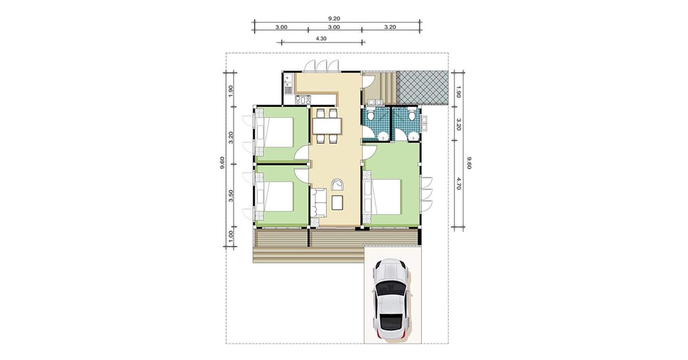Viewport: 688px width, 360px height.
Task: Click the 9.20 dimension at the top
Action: coord(334,18)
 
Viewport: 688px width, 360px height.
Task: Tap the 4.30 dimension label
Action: coord(321,39)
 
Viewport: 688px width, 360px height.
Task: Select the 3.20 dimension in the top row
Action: coord(390,27)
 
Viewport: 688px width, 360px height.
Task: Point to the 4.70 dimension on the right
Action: coord(459,183)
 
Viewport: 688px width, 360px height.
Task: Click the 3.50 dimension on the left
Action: coord(231,196)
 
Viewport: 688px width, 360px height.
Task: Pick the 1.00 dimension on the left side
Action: coord(231,236)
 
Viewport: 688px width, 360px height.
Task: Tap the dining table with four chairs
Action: coord(327,126)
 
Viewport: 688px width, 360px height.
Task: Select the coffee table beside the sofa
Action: coord(338,203)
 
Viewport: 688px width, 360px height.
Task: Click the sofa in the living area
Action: coord(318,203)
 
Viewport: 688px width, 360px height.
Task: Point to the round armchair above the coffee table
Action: coord(338,185)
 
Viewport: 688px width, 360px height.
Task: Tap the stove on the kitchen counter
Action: coord(303,100)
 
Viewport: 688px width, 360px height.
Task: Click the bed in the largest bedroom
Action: coord(382,197)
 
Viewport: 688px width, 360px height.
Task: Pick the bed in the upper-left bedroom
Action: coord(275,133)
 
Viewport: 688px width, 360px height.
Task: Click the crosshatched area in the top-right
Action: coord(422,88)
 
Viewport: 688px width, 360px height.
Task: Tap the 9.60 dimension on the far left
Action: coord(222,162)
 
